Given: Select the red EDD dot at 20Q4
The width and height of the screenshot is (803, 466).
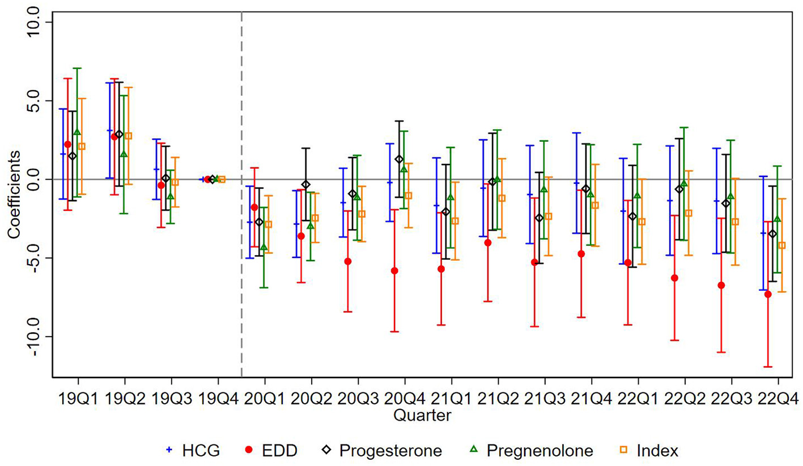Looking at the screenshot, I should pyautogui.click(x=394, y=270).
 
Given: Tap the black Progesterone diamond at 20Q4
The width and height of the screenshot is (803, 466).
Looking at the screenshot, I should pyautogui.click(x=399, y=159).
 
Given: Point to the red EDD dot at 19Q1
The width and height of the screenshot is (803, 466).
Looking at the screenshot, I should pyautogui.click(x=68, y=144).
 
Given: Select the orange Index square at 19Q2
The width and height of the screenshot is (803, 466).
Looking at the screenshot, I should pyautogui.click(x=129, y=136).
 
